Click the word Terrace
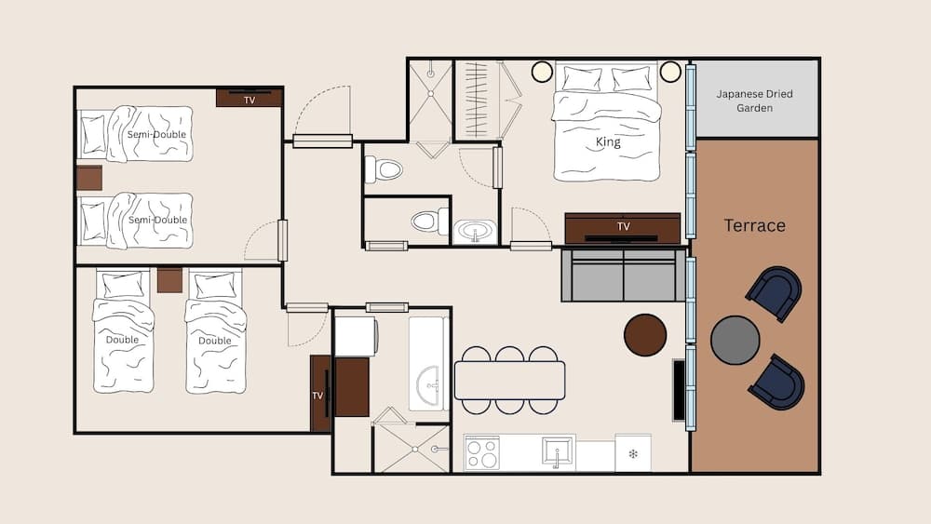click(x=755, y=225)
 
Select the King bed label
click(x=608, y=142)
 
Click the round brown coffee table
click(x=645, y=335)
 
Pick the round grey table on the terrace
click(x=735, y=340)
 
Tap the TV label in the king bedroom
click(x=623, y=226)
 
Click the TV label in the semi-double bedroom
click(x=250, y=100)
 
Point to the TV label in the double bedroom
click(x=317, y=396)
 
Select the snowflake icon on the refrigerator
click(x=633, y=454)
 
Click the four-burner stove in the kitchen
click(x=481, y=454)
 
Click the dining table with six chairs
click(x=509, y=380)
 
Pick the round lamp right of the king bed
click(x=670, y=72)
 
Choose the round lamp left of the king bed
click(x=542, y=72)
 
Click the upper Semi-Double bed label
click(x=156, y=135)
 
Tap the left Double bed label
click(x=122, y=340)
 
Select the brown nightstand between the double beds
click(x=169, y=280)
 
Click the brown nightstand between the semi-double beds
click(x=89, y=178)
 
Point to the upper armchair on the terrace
click(x=775, y=292)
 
